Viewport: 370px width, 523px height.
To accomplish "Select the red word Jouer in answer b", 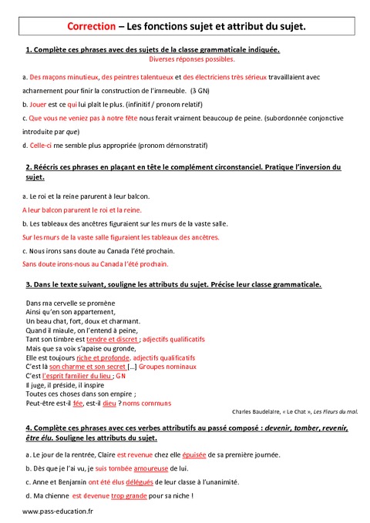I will [37, 102].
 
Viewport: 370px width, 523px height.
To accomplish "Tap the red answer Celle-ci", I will [41, 145].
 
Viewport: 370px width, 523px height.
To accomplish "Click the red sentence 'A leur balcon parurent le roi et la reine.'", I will [82, 210].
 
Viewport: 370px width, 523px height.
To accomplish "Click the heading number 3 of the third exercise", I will [28, 285].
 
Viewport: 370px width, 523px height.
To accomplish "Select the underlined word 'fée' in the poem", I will [78, 403].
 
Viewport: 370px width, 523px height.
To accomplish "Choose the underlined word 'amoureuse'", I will [151, 468].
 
